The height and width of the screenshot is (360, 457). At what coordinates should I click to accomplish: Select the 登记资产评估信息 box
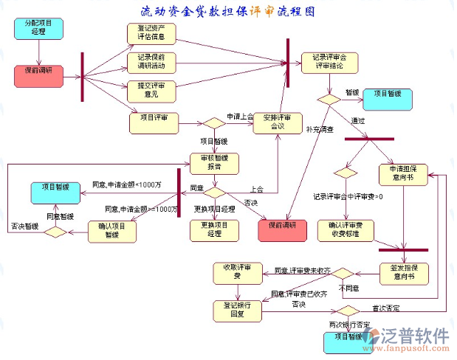pos(151,34)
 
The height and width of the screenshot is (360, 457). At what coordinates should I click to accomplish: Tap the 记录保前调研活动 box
pos(151,62)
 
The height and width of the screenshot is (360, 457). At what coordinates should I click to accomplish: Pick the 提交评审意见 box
pos(151,90)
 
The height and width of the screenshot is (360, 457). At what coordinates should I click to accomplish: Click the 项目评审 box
pos(154,122)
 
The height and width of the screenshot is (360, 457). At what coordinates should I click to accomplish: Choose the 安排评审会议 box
pos(277,122)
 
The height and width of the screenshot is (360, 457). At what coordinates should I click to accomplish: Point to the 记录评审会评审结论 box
pos(329,62)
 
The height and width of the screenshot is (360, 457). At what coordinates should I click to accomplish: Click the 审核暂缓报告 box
pos(214,163)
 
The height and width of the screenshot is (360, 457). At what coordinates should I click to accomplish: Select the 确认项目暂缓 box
pos(112,231)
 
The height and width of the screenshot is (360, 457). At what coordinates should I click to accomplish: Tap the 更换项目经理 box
pos(214,231)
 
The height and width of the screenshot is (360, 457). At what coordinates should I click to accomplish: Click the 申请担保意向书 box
pos(403,174)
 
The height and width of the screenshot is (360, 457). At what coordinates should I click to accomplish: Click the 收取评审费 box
pos(238,271)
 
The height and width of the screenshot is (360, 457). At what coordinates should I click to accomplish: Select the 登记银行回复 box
pos(238,309)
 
